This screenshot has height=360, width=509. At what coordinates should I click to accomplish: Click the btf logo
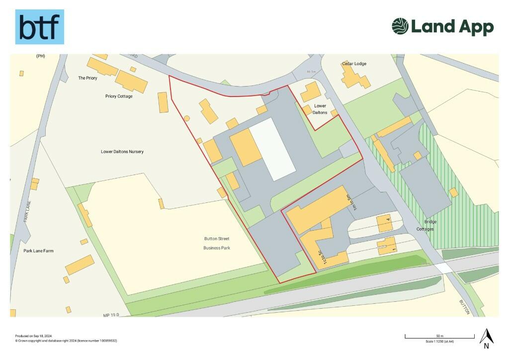[x=39, y=27]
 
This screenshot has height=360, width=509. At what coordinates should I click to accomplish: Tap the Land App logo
[x=442, y=26]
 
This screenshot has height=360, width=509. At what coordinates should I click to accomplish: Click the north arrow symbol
[x=486, y=338]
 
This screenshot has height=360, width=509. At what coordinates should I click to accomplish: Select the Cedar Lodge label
[x=354, y=64]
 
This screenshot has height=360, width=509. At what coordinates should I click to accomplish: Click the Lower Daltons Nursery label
[x=122, y=152]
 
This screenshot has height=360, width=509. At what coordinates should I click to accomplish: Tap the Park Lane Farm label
[x=38, y=251]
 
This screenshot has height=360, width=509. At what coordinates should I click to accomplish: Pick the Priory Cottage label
[x=119, y=96]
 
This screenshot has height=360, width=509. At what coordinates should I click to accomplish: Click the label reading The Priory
[x=87, y=78]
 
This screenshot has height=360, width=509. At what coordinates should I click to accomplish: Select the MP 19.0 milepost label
[x=112, y=315]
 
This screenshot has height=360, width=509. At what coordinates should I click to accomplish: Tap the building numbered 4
[x=384, y=224]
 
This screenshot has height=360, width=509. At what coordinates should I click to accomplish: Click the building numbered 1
[x=387, y=246]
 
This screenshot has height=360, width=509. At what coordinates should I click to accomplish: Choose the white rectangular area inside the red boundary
[x=272, y=149]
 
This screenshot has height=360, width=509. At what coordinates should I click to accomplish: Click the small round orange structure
[x=187, y=118]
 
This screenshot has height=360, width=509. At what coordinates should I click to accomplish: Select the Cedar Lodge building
[x=355, y=77]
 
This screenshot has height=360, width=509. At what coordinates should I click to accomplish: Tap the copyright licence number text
[x=66, y=341]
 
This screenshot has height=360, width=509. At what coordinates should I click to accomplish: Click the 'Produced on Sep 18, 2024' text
[x=34, y=336]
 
